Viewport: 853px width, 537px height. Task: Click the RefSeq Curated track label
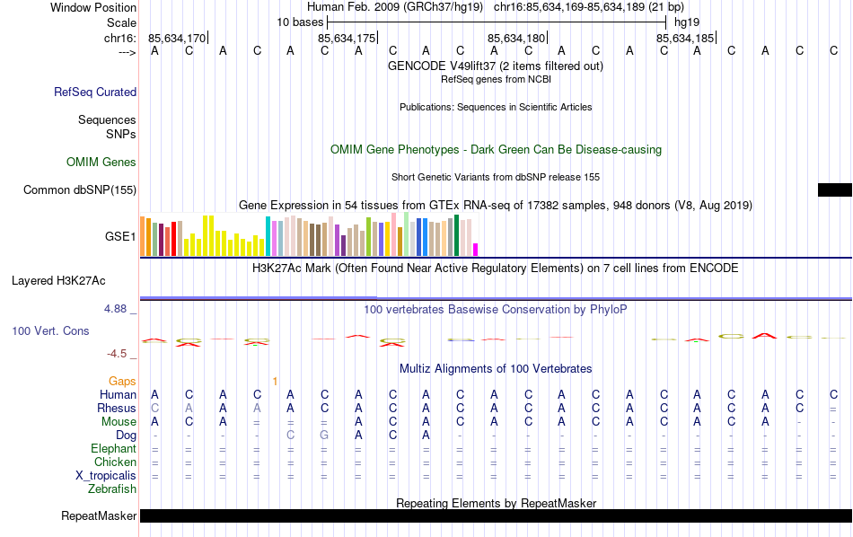click(x=95, y=92)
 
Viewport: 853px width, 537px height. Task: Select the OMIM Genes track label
click(x=101, y=163)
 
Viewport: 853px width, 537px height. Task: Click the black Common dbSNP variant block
click(x=834, y=189)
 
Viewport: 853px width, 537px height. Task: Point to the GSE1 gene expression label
click(x=120, y=237)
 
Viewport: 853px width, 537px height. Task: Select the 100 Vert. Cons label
click(x=50, y=331)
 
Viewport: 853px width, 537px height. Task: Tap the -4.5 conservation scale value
click(x=119, y=354)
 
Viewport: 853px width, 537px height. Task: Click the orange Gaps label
click(x=122, y=382)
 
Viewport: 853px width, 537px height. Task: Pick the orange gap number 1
click(x=275, y=382)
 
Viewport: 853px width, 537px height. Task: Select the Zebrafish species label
click(x=112, y=489)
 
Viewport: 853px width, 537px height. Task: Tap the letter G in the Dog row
click(x=324, y=436)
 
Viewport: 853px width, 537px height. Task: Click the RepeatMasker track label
click(x=99, y=516)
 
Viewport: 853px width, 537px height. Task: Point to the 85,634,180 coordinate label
click(x=516, y=38)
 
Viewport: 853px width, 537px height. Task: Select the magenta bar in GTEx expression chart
click(x=476, y=250)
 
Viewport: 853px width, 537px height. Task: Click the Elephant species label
click(x=113, y=449)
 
